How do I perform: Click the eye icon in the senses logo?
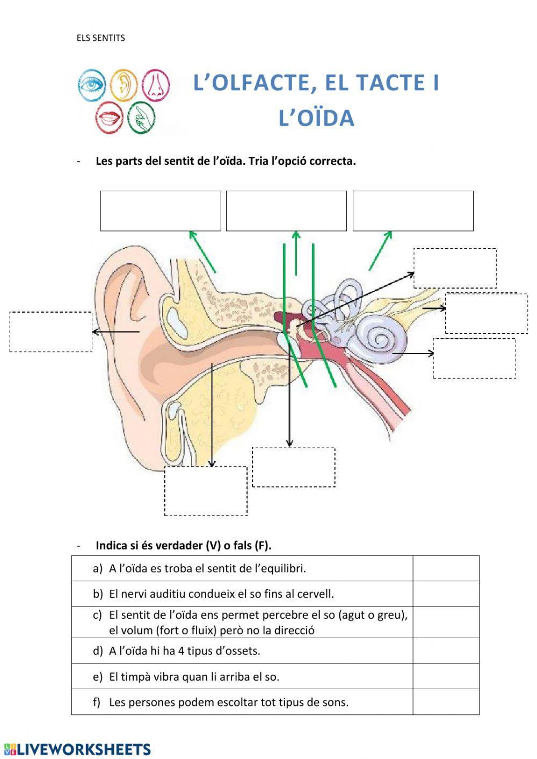91,85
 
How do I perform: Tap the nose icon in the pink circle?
156,85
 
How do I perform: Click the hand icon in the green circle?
141,118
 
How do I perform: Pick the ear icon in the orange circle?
124,85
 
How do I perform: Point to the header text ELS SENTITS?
101,38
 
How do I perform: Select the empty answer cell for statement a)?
446,568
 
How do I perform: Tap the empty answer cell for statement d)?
446,650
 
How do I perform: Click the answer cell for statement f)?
446,702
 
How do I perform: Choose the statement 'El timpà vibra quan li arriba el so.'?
194,677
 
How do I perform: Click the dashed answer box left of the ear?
50,332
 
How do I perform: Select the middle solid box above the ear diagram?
286,211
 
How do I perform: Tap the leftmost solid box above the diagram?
161,211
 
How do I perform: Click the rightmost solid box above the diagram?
413,211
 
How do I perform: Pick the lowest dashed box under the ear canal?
206,491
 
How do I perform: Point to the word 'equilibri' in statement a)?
282,568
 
